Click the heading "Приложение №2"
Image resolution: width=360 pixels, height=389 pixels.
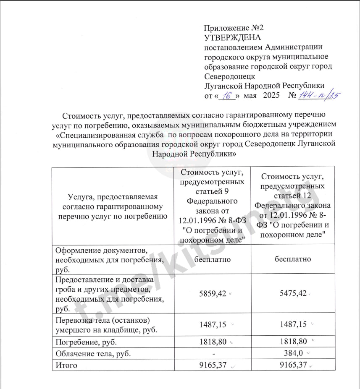coord(233,29)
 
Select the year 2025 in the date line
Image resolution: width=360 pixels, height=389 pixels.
coord(271,96)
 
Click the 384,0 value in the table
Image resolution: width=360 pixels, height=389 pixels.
coord(294,353)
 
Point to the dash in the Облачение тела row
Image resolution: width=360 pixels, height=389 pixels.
coord(214,354)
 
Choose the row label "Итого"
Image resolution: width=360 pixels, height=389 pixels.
coord(66,365)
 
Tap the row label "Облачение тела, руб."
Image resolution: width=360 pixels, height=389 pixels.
coord(93,353)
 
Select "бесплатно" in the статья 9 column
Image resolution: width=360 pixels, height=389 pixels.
coord(212,259)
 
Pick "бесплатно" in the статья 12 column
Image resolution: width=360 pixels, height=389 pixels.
coord(293,259)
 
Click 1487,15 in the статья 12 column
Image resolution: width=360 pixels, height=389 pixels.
coord(293,324)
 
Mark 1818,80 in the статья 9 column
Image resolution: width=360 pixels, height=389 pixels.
coord(213,342)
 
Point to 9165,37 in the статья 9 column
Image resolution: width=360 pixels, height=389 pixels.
coord(213,365)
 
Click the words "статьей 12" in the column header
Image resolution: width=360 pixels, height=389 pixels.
coord(293,196)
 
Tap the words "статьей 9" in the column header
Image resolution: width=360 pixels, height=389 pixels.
coord(212,192)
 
